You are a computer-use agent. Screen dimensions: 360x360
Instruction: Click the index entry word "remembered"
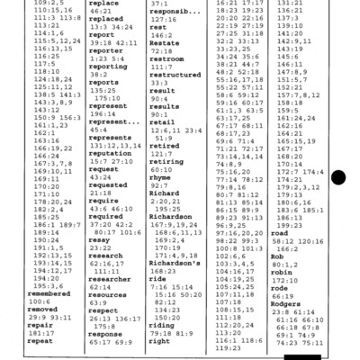pyautogui.click(x=30, y=293)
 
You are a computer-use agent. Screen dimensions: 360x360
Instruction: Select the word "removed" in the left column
pyautogui.click(x=23, y=310)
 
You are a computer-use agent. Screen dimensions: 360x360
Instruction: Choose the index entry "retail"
pyautogui.click(x=161, y=121)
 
